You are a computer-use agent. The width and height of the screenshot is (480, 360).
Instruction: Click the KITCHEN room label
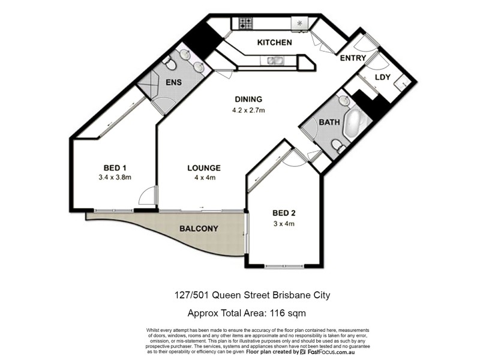click(274, 43)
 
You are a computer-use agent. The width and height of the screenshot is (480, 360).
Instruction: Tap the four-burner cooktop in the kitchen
click(246, 24)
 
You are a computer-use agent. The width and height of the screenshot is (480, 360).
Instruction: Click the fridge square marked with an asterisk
click(299, 23)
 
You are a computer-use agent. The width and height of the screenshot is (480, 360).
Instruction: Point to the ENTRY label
click(353, 58)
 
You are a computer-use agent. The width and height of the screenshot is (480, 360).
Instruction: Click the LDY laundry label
click(383, 77)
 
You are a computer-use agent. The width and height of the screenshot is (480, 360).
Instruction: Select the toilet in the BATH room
click(337, 145)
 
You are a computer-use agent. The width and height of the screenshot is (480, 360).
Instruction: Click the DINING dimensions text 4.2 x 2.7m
click(248, 110)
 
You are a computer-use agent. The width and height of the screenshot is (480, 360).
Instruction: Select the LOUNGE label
click(203, 168)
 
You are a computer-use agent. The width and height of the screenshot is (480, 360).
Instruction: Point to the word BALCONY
click(199, 229)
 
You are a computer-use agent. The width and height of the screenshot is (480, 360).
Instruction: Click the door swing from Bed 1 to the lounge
click(147, 196)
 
